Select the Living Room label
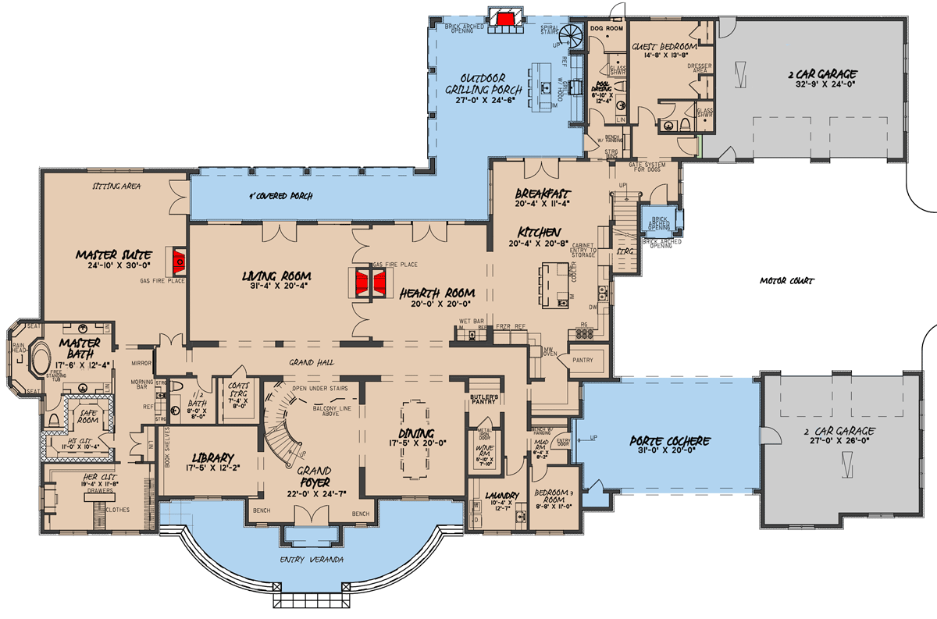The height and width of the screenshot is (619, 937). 276,276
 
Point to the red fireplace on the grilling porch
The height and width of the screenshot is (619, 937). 505,19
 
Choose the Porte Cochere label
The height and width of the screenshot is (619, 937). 671,441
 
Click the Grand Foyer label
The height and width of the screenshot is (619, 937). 315,477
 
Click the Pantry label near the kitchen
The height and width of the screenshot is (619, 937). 583,360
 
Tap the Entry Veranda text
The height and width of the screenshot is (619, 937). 312,560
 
